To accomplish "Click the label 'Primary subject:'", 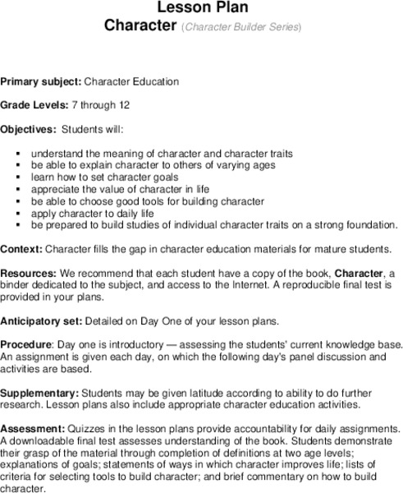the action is [x=40, y=82].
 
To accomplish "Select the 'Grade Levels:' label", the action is [x=34, y=106].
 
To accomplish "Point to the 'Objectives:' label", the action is [x=29, y=130].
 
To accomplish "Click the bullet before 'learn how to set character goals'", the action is [x=18, y=177].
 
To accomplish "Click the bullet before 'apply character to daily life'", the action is [x=18, y=213].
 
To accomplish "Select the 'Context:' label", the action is [x=21, y=248].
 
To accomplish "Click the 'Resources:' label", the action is [x=29, y=272].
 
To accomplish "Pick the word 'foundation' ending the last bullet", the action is [x=370, y=224].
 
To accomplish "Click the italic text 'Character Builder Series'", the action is [x=241, y=27].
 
